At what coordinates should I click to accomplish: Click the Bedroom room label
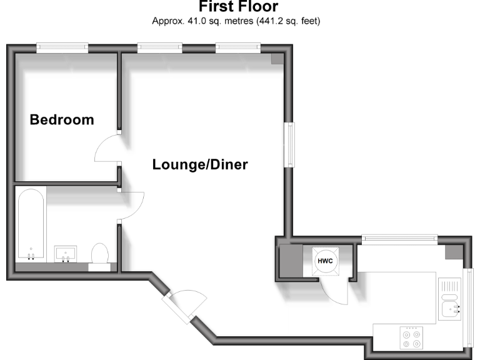click(x=62, y=119)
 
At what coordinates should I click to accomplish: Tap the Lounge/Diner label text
click(x=200, y=165)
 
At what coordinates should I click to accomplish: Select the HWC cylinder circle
click(x=325, y=261)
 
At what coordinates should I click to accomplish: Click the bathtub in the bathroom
click(x=31, y=226)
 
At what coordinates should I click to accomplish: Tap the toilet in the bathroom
click(x=99, y=256)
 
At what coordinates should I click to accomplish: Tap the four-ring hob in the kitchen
click(x=411, y=337)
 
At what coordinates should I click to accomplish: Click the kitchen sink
click(x=450, y=301)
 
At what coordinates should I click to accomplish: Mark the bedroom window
click(x=61, y=46)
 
